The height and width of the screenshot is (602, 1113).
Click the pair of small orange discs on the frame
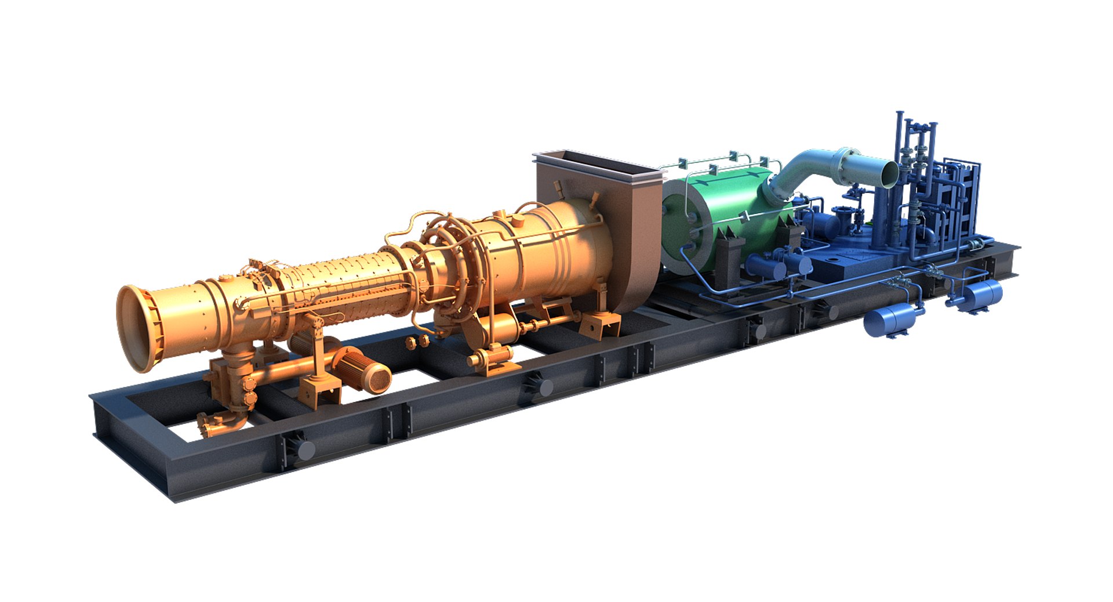[417, 342]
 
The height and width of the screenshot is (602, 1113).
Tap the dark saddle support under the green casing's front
[728, 258]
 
